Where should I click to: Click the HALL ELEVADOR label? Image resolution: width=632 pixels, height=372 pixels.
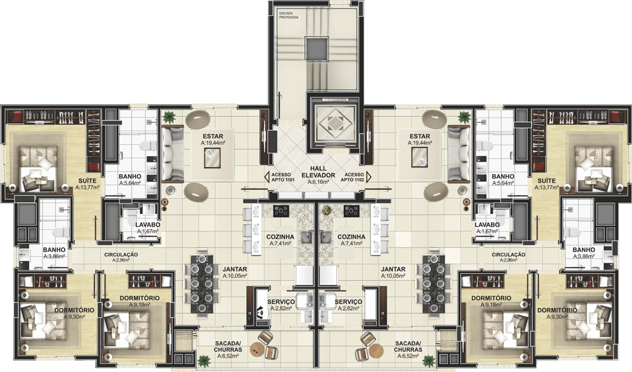(319, 172)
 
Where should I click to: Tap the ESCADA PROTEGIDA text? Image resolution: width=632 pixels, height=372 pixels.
(289, 15)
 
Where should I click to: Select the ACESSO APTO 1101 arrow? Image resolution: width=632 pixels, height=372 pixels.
(267, 177)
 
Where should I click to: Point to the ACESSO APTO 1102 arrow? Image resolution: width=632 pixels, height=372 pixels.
(369, 177)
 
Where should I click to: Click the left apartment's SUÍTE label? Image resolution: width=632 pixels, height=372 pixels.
(87, 181)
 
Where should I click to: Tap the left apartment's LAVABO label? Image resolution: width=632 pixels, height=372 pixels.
(148, 225)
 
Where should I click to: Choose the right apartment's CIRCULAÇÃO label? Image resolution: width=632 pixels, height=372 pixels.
(508, 255)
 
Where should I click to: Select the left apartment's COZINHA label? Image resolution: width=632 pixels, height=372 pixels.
(280, 237)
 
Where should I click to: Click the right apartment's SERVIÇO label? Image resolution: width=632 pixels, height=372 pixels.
(348, 301)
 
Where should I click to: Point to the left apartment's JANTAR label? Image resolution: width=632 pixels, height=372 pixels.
(235, 269)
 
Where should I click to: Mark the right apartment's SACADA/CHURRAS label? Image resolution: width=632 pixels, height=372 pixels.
(408, 346)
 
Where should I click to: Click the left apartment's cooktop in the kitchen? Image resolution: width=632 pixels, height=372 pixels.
(281, 210)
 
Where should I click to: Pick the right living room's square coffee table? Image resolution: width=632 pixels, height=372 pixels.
(419, 157)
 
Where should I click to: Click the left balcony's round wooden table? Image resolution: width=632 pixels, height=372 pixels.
(258, 349)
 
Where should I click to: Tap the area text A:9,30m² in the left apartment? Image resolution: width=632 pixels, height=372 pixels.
(75, 317)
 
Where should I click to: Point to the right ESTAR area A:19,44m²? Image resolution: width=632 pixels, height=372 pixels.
(420, 143)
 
